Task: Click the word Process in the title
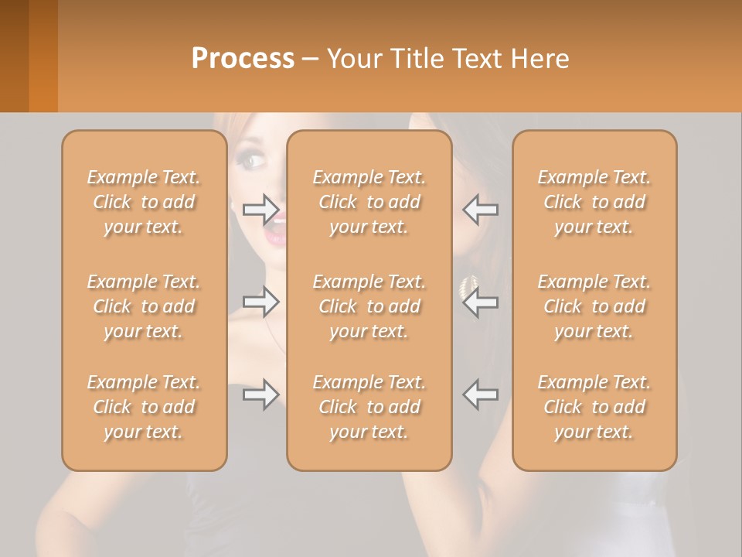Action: pyautogui.click(x=243, y=59)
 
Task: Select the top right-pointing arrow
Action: pyautogui.click(x=261, y=209)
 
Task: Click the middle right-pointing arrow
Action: pyautogui.click(x=261, y=302)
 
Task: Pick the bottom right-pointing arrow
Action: pyautogui.click(x=261, y=395)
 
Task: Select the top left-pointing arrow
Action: pyautogui.click(x=481, y=209)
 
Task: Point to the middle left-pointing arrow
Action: pyautogui.click(x=481, y=302)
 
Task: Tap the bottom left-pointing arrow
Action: pyautogui.click(x=481, y=395)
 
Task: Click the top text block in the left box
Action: pyautogui.click(x=144, y=202)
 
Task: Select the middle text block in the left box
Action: pyautogui.click(x=144, y=306)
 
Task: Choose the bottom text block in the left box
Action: pyautogui.click(x=144, y=407)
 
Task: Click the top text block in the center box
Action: pyautogui.click(x=369, y=202)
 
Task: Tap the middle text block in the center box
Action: pyautogui.click(x=369, y=306)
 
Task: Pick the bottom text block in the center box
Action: pyautogui.click(x=369, y=407)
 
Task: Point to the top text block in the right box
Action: pyautogui.click(x=594, y=202)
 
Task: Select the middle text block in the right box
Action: pyautogui.click(x=594, y=306)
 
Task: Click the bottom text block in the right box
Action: pyautogui.click(x=594, y=407)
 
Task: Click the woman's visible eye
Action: pyautogui.click(x=254, y=161)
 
